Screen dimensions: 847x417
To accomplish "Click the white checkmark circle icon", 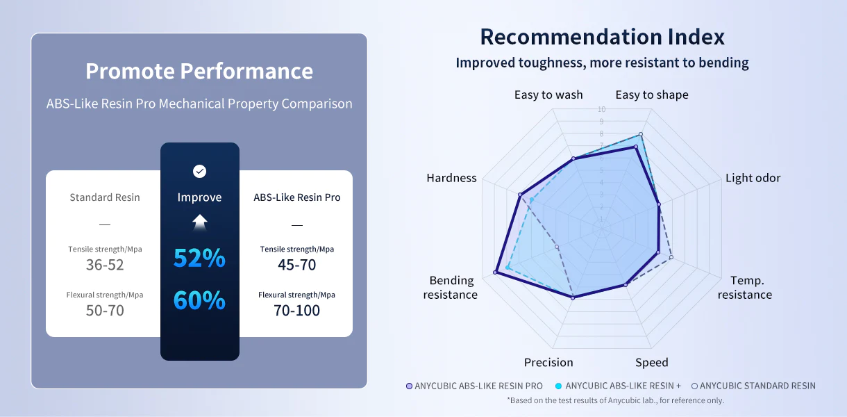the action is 199,172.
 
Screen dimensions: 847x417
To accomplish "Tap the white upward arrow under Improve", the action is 200,222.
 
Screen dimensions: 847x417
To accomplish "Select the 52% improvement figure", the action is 199,258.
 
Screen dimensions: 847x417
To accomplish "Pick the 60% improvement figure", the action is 199,300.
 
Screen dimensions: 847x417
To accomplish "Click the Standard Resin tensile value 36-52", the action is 105,265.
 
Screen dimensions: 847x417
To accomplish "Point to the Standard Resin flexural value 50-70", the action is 105,311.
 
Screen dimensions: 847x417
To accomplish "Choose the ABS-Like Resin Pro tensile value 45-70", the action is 297,265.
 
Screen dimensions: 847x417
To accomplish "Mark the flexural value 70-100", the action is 297,311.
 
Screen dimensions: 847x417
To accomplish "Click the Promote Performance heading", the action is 199,71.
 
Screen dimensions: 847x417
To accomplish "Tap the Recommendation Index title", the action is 603,37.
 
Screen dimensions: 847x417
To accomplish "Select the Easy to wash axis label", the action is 548,95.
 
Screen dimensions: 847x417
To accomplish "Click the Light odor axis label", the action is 753,178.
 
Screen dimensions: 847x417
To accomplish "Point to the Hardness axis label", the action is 451,178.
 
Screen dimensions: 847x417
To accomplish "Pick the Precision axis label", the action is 548,363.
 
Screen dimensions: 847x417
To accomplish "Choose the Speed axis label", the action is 651,363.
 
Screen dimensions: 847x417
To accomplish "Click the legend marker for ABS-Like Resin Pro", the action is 409,386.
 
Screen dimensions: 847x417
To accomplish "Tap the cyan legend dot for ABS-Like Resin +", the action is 558,386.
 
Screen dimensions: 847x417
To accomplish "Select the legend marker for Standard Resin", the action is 694,386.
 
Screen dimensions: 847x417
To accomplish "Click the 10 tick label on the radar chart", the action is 602,109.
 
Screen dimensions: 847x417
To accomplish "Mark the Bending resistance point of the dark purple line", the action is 495,272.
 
